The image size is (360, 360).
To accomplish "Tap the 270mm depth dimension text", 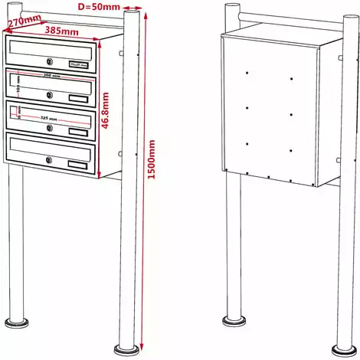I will pos(23,22).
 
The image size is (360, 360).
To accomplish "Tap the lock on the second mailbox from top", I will pos(49,95).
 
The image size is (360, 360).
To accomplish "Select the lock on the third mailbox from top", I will pos(50,128).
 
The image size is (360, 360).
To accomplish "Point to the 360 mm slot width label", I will pos(51,78).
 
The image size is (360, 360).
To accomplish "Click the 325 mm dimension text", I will pos(51,118).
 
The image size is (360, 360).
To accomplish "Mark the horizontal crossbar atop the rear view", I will pos(283,15).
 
